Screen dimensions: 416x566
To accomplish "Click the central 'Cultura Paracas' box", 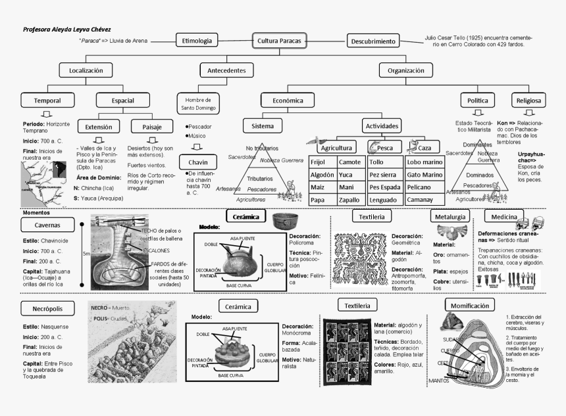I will point(279,41).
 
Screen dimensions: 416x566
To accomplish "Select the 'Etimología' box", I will point(197,41).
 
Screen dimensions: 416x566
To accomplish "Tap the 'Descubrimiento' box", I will point(373,41).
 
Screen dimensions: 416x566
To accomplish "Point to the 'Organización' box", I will point(405,70).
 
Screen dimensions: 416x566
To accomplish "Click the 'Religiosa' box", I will point(528,101).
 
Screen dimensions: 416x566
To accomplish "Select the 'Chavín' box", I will point(198,162).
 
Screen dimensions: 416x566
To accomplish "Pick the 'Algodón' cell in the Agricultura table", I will point(322,175).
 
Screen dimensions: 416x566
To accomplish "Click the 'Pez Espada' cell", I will point(384,187).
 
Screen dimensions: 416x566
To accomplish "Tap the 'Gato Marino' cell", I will point(424,175).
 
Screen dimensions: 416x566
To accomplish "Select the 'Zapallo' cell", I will point(350,200).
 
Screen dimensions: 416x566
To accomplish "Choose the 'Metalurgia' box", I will point(451,216).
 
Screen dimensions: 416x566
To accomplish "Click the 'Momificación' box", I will point(470,305).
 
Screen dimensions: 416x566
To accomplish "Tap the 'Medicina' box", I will point(503,216).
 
